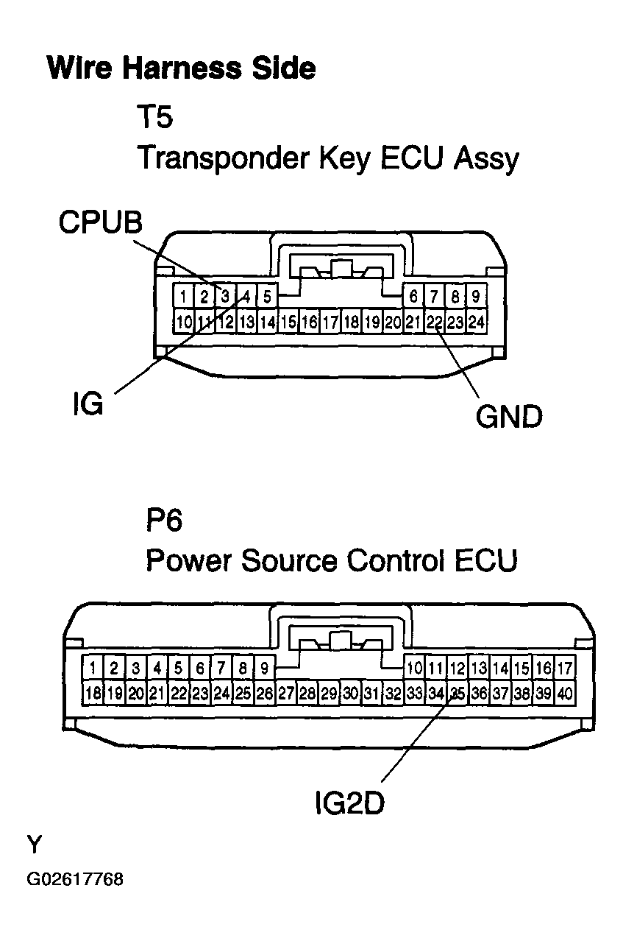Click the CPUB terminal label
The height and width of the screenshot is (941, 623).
click(x=101, y=222)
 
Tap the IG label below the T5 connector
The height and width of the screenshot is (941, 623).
click(x=88, y=404)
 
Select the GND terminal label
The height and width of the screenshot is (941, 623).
click(x=509, y=417)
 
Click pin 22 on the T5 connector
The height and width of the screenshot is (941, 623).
click(x=435, y=323)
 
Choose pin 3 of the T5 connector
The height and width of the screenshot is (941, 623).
click(x=225, y=297)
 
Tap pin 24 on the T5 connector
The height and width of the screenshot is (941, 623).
click(x=476, y=323)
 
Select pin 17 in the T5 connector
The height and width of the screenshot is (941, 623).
click(x=330, y=323)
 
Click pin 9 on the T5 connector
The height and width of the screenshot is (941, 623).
click(x=476, y=297)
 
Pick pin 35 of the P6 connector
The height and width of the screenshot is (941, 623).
click(x=458, y=693)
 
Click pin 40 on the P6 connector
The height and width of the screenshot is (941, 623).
click(x=565, y=693)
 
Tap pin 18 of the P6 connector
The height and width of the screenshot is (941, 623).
click(x=93, y=693)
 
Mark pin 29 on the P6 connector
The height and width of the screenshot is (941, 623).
click(x=329, y=693)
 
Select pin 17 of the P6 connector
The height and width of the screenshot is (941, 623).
click(x=565, y=668)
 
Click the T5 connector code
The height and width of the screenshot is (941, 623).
click(x=154, y=117)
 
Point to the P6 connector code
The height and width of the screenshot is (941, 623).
click(x=164, y=520)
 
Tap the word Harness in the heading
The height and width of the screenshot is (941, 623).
click(x=182, y=68)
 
